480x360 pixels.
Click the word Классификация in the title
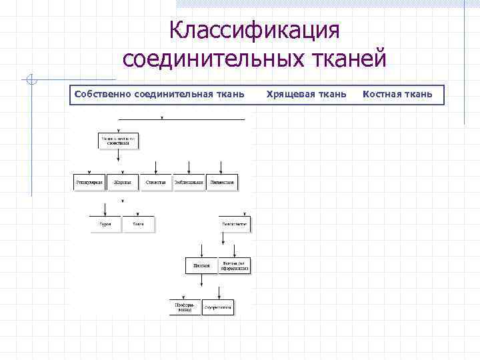coord(255,30)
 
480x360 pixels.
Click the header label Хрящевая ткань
coord(306,94)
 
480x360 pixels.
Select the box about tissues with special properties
coord(119,141)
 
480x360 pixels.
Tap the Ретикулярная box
coord(89,182)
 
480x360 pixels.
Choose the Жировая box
coord(122,182)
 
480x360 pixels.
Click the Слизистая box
coord(155,182)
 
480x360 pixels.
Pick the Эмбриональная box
coord(189,182)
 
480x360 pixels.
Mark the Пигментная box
coord(222,182)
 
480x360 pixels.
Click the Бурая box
coord(105,225)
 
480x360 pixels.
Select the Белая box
coord(138,225)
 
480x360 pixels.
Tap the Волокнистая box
coord(235,225)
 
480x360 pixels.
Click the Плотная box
coord(201,265)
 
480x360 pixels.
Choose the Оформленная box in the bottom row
coord(219,307)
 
